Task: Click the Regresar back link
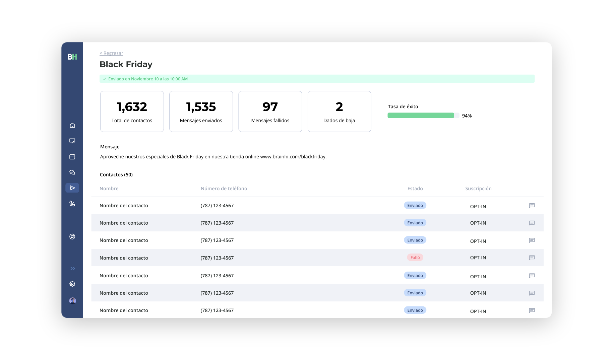(x=111, y=53)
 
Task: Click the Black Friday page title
(x=126, y=64)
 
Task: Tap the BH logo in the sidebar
(x=72, y=57)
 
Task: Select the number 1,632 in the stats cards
(x=132, y=107)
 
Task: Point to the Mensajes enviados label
(x=201, y=121)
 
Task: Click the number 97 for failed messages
(x=270, y=107)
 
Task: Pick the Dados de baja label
(x=339, y=121)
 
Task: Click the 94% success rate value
(x=467, y=116)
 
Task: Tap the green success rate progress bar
(x=421, y=116)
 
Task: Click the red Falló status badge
(x=415, y=258)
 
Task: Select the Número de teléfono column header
(x=224, y=189)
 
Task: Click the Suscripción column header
(x=478, y=189)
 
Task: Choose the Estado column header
(x=415, y=189)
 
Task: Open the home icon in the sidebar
(x=72, y=125)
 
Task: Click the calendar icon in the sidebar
(x=72, y=156)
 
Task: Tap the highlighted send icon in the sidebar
(x=72, y=188)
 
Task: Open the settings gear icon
(x=72, y=284)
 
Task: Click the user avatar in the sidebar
(x=72, y=301)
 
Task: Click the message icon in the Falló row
(x=532, y=258)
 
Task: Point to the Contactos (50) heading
(x=116, y=175)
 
